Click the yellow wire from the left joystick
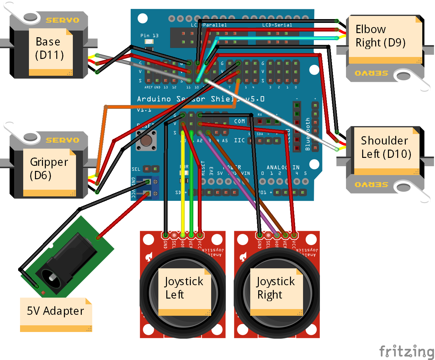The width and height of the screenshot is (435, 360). coord(183,185)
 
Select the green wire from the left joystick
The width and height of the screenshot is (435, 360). coord(191,185)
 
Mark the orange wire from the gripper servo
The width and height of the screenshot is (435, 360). coord(102,137)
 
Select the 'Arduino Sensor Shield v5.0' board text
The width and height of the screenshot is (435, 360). coord(200,99)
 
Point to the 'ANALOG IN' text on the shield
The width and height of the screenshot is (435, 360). coord(283,167)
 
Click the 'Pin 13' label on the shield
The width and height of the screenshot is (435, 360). coord(149,36)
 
